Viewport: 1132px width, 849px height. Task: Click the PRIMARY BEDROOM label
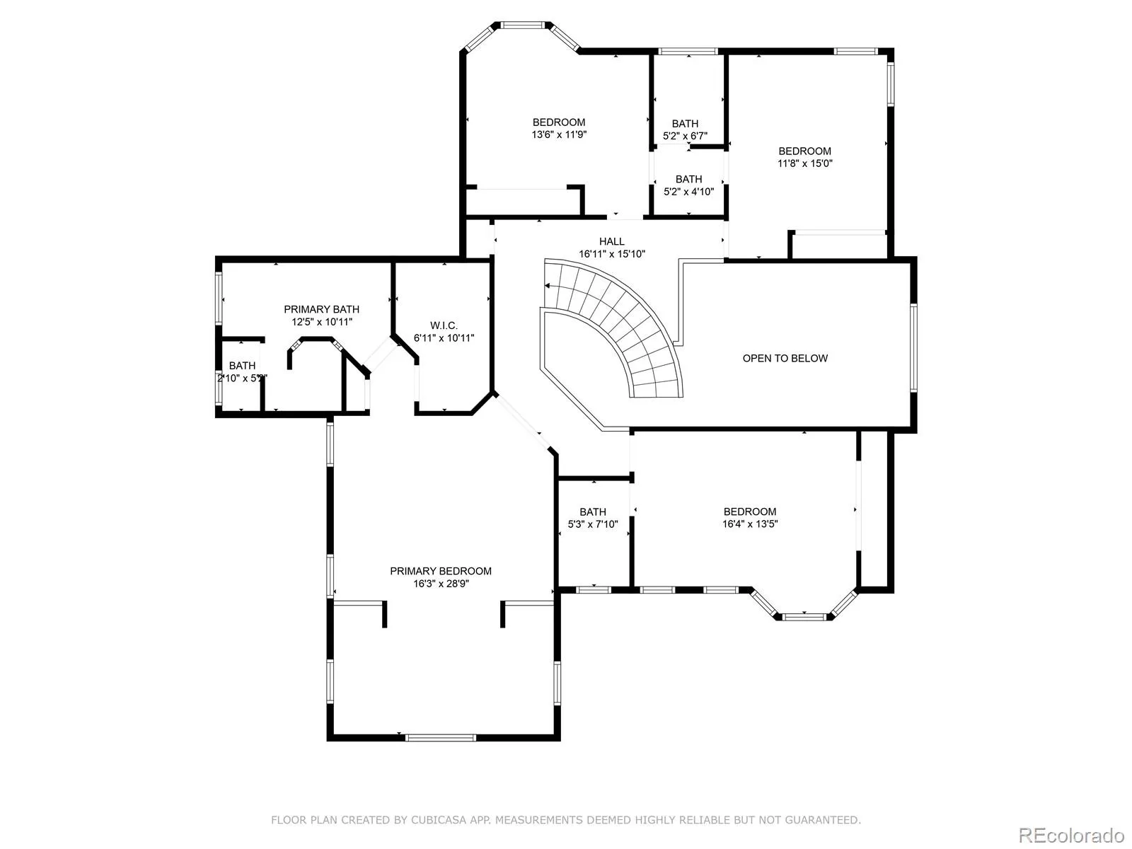coord(441,571)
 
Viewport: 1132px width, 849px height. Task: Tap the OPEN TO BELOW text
coord(785,358)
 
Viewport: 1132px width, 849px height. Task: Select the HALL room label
coord(612,241)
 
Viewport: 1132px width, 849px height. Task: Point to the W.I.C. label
coord(444,325)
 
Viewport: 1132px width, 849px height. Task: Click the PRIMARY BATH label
coord(321,309)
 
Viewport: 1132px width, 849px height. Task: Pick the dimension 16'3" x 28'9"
coord(441,584)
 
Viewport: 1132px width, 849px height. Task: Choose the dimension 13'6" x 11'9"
coord(559,134)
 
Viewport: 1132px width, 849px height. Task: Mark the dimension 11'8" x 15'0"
coord(805,163)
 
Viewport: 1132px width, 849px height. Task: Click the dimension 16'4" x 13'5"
coord(750,524)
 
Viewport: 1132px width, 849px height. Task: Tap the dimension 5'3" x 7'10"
coord(593,524)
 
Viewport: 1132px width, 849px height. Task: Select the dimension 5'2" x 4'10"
coord(688,192)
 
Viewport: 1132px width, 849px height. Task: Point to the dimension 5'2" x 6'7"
coord(685,136)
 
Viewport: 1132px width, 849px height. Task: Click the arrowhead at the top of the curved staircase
coord(547,286)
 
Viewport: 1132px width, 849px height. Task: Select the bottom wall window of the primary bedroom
coord(441,738)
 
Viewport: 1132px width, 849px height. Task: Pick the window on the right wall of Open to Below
coord(913,347)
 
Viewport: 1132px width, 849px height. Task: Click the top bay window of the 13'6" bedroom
coord(523,25)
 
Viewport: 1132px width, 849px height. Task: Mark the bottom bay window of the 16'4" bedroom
coord(804,616)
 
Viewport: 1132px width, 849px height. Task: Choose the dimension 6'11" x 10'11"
coord(444,338)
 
